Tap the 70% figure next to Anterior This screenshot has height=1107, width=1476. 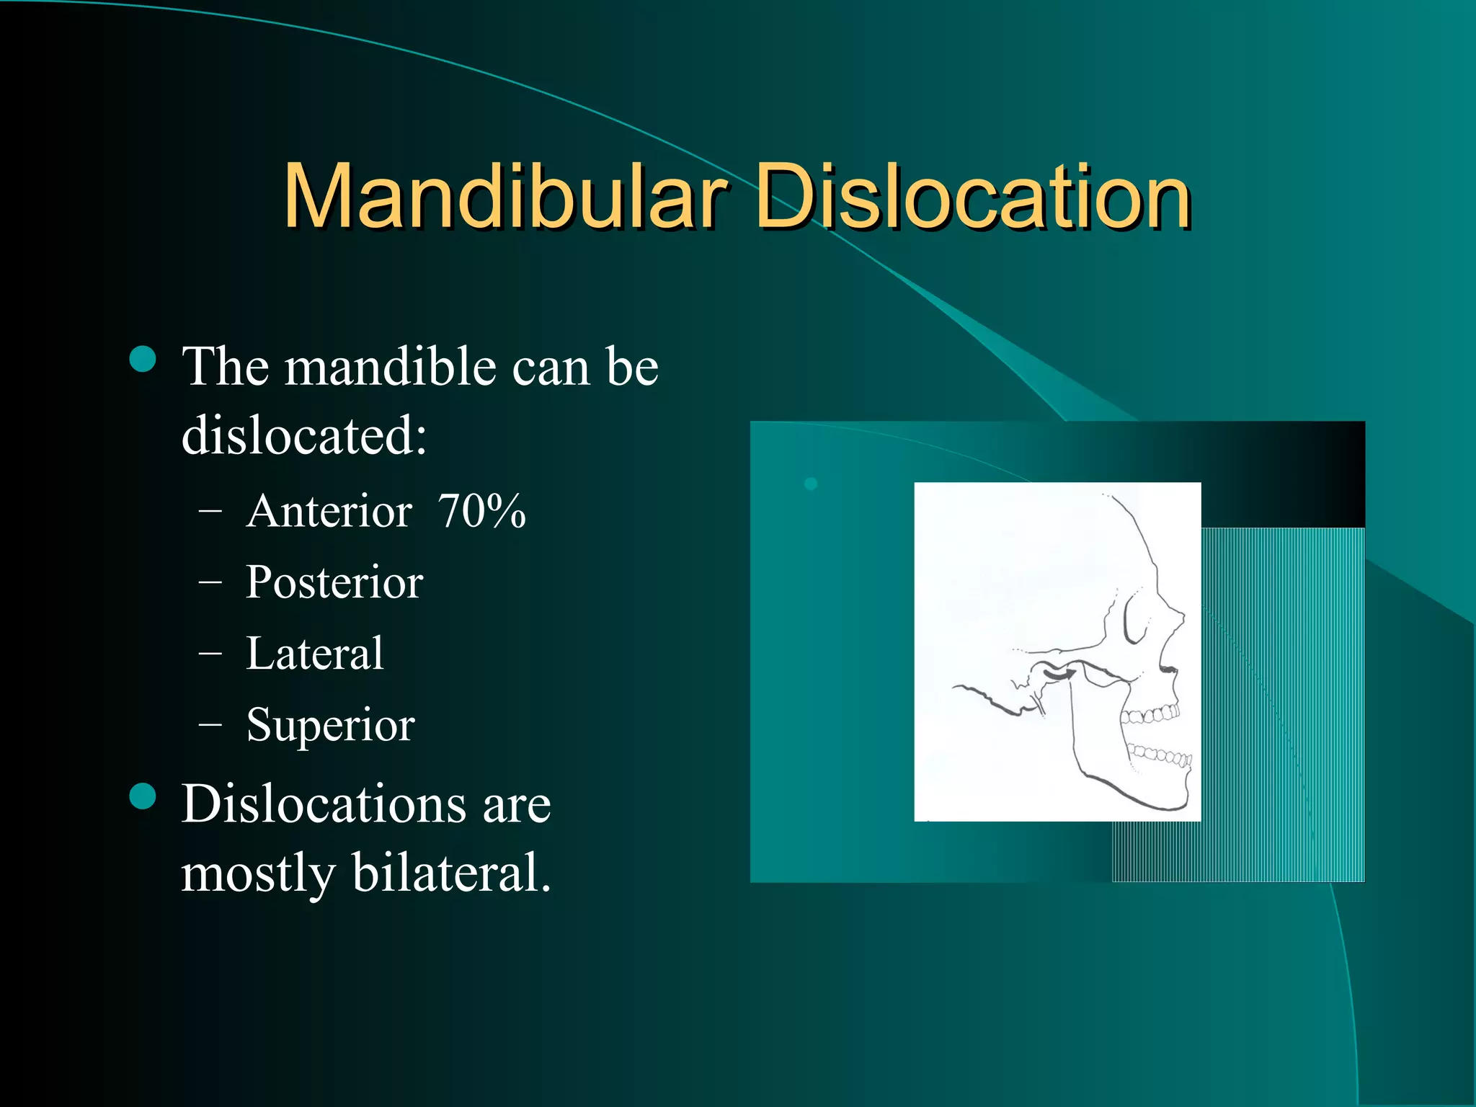pos(481,512)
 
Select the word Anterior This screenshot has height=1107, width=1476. pos(329,512)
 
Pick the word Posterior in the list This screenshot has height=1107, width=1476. pos(334,582)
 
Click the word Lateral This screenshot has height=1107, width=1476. pos(314,654)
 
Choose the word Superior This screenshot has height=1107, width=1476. pos(330,724)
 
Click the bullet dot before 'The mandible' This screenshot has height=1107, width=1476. pos(143,359)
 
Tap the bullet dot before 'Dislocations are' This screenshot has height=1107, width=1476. pos(143,796)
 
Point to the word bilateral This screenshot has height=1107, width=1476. pos(452,873)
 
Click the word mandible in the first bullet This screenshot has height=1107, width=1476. pos(391,367)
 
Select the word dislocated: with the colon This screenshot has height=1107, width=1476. pos(303,435)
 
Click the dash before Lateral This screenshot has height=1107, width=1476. pos(210,654)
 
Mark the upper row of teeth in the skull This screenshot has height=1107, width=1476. pos(1151,715)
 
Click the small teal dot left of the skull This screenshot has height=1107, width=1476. pos(811,484)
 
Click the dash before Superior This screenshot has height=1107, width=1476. pos(210,724)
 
